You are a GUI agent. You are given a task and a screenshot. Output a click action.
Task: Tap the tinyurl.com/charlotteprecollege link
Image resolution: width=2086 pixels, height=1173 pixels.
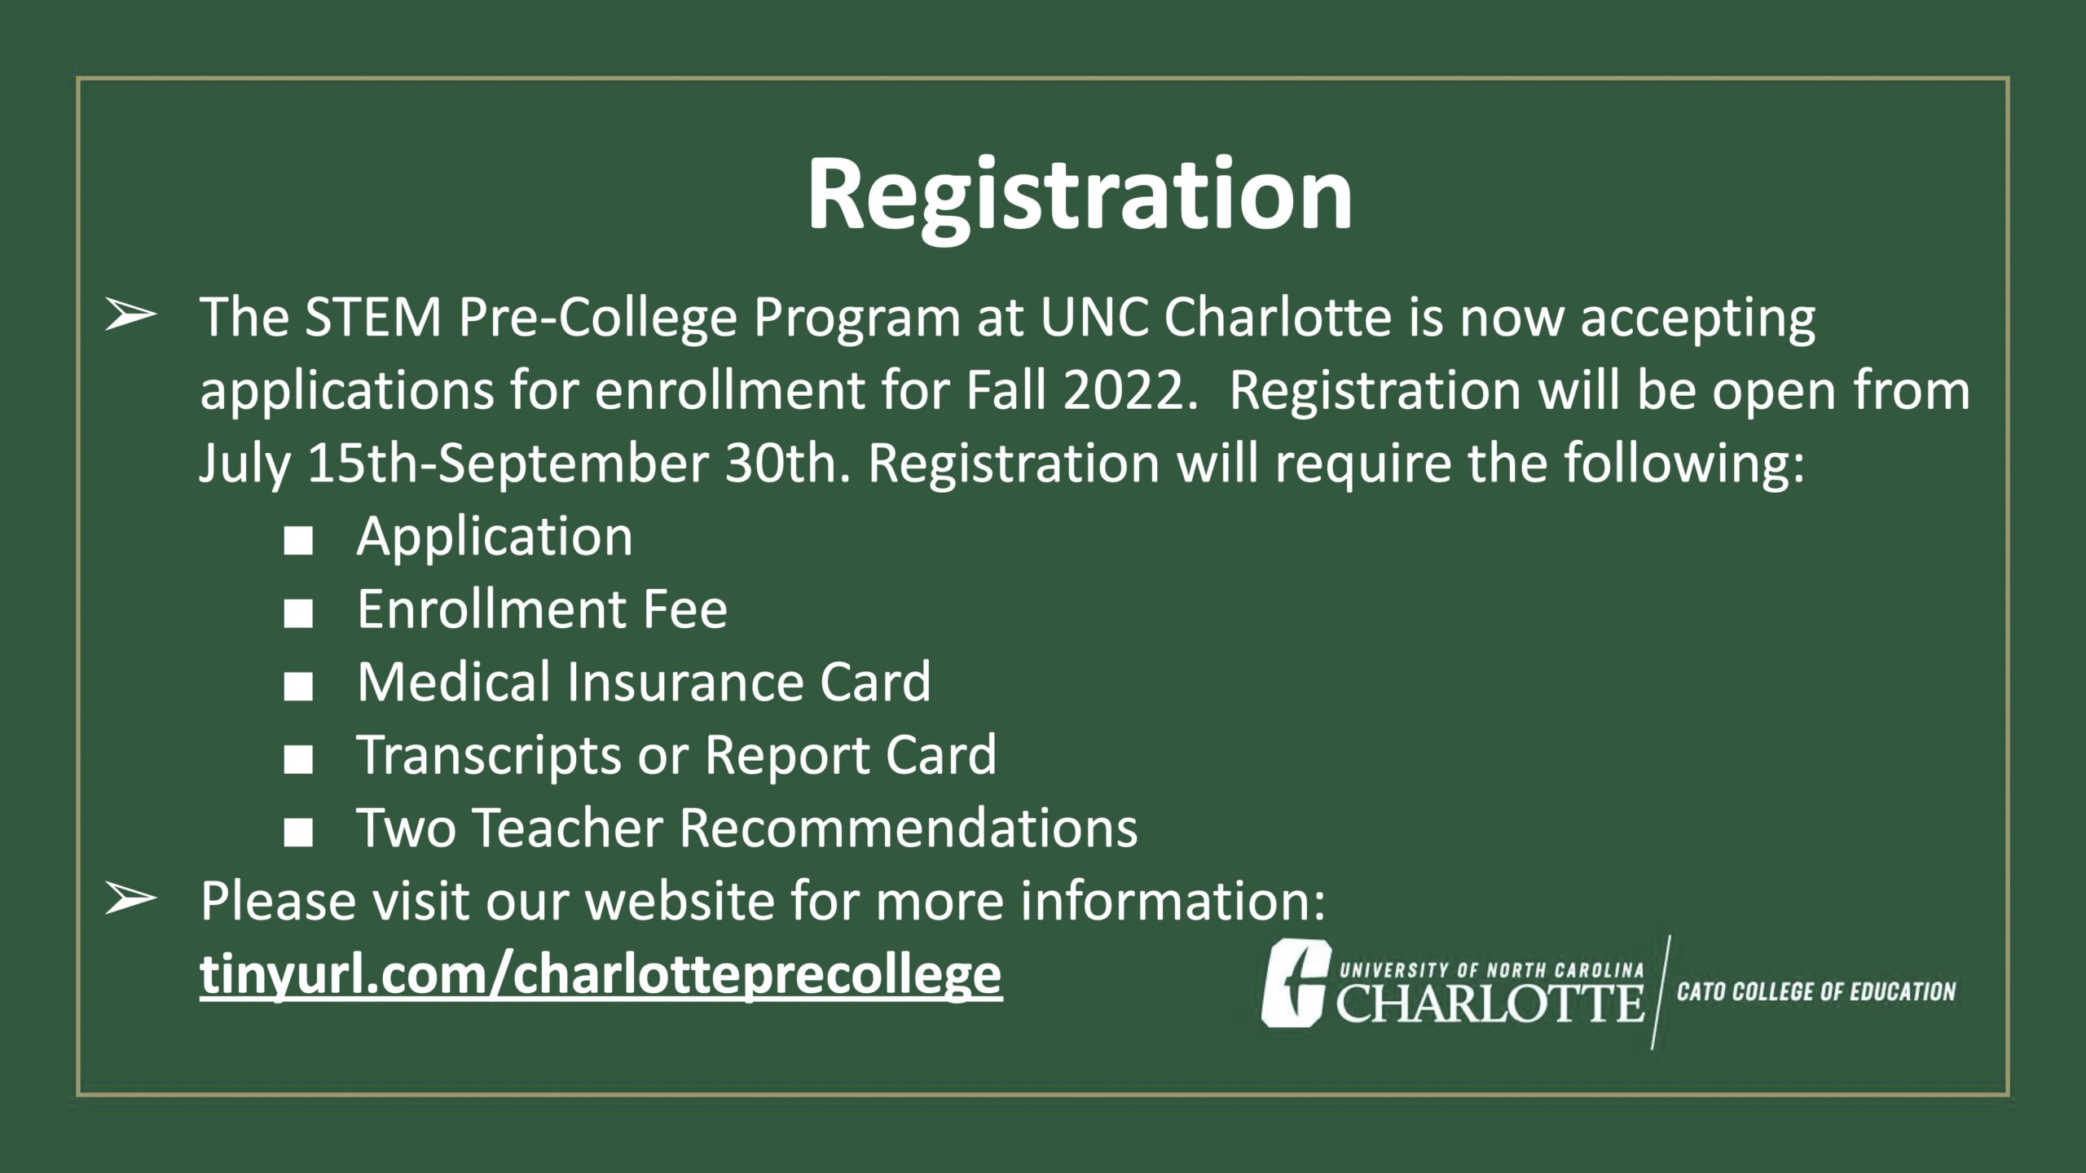coord(601,975)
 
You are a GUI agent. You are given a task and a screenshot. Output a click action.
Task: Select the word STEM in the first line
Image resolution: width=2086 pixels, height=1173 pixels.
coord(372,317)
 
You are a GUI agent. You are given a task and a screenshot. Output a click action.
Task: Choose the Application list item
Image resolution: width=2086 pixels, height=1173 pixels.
coord(495,538)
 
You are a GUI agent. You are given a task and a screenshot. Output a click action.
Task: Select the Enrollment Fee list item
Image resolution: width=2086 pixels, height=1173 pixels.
coord(542,609)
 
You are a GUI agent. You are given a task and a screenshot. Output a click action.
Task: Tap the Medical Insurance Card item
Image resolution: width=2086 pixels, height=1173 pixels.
coord(644,682)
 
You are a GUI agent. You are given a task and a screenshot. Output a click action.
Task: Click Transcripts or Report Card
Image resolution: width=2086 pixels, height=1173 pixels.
coord(676,755)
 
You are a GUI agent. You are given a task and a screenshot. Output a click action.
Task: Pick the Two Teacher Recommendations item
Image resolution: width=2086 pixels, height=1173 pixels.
coord(747,828)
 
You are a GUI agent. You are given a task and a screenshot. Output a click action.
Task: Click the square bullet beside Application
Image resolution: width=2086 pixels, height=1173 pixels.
coord(298,541)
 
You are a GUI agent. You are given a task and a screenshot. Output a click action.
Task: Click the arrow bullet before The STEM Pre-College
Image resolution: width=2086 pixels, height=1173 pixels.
coord(130,316)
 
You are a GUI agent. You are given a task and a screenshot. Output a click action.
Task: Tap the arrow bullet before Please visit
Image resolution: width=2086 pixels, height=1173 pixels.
coord(130,899)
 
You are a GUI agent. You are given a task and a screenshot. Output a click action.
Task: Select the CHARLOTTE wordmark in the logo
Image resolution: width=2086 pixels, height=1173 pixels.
coord(1490,1003)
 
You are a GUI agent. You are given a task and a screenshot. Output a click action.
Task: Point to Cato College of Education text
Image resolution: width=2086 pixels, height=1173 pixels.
coord(1816,991)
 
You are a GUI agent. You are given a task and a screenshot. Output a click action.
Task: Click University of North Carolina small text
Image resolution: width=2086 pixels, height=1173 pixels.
coord(1492,970)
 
